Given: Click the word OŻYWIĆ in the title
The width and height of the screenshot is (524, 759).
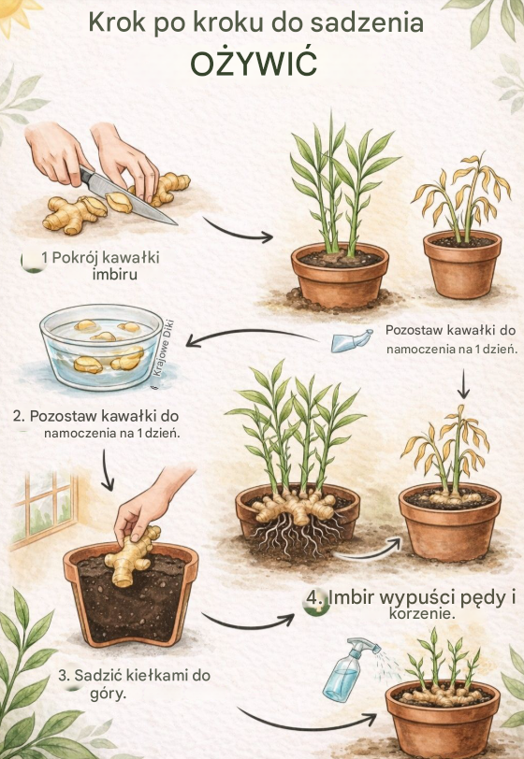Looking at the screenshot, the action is click(x=254, y=62).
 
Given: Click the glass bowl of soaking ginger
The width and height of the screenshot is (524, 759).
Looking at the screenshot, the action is click(x=101, y=346).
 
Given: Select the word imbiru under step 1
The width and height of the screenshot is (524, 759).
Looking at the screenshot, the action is click(x=114, y=275).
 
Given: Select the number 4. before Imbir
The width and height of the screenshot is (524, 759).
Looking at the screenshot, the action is click(x=315, y=598).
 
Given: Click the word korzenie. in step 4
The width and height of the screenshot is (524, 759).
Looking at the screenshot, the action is click(x=422, y=614).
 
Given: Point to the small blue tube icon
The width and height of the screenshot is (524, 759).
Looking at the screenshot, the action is click(x=352, y=340).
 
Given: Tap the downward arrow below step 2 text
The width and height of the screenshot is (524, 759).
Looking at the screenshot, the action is click(x=108, y=469).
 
